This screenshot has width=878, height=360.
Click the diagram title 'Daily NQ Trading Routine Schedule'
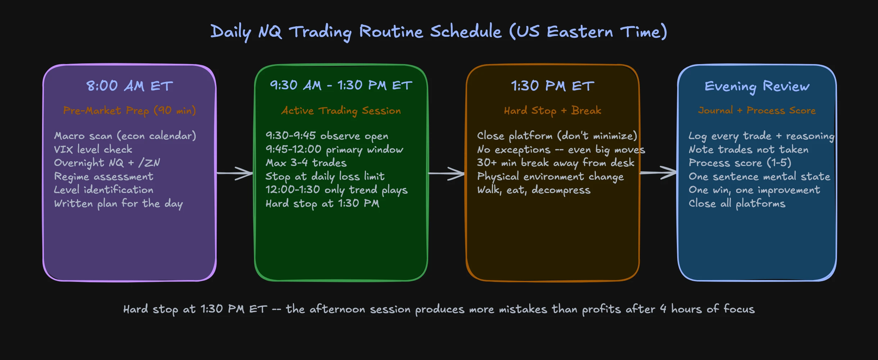point(438,32)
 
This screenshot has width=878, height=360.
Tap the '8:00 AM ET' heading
point(130,86)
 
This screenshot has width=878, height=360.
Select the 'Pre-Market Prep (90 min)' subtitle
point(130,111)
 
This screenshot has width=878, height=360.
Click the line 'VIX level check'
point(93,149)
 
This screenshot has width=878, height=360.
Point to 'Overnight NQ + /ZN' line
point(107,163)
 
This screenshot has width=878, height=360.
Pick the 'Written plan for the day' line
point(118,204)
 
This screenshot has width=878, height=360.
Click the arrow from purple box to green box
point(235,173)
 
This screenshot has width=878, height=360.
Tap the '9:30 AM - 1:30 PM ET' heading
point(341,86)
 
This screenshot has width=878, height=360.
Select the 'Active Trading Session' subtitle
point(341,111)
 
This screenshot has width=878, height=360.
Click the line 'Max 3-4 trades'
point(306,163)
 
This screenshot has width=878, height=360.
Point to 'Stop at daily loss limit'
point(325,176)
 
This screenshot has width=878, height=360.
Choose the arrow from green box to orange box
point(447,173)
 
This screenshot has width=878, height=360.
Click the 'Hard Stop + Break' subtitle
point(552,111)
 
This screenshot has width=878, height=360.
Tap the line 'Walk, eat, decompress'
point(534,190)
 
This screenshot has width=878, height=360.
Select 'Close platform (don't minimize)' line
point(557,136)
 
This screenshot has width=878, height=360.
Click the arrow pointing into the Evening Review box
point(658,173)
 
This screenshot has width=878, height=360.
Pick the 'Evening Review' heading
point(757,86)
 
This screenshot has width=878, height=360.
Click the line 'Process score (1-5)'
point(740,163)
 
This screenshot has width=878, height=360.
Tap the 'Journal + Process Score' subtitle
point(757,111)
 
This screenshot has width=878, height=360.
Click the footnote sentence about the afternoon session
point(439,309)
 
